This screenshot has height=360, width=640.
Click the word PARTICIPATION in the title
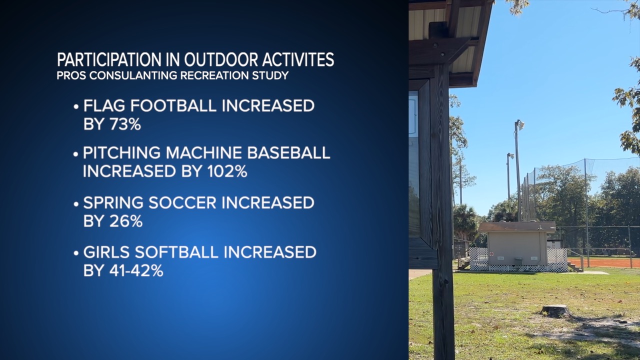(109, 59)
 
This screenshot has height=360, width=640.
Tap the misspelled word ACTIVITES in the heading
(298, 59)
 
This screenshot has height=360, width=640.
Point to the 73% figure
(125, 124)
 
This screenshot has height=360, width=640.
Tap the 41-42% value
(136, 270)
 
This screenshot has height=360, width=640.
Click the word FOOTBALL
(173, 105)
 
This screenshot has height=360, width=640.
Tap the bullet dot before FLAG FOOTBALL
(75, 107)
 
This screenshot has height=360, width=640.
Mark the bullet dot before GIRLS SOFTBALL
(75, 253)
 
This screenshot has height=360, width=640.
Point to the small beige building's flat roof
(517, 227)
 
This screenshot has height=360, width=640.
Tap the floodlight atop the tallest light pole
(520, 125)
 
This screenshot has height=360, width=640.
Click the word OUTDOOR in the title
(221, 59)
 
